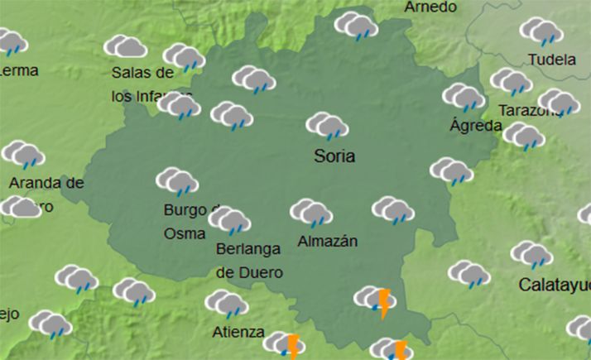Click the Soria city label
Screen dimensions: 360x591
(334, 156)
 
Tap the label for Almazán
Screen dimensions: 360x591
(327, 242)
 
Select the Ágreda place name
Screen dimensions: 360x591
(475, 126)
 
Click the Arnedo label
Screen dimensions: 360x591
(430, 7)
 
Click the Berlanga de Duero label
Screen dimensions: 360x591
(249, 260)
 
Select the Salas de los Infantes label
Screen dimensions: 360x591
(146, 84)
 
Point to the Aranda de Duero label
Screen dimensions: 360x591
(46, 194)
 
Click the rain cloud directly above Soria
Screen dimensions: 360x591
(326, 126)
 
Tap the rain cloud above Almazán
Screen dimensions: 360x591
(310, 213)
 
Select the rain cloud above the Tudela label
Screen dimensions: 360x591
(541, 31)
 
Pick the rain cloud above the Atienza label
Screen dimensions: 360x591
(226, 305)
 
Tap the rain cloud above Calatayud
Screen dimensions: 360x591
(531, 255)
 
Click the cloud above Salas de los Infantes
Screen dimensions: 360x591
(126, 46)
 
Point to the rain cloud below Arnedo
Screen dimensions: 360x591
(356, 26)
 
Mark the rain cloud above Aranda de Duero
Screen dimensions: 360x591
(23, 155)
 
